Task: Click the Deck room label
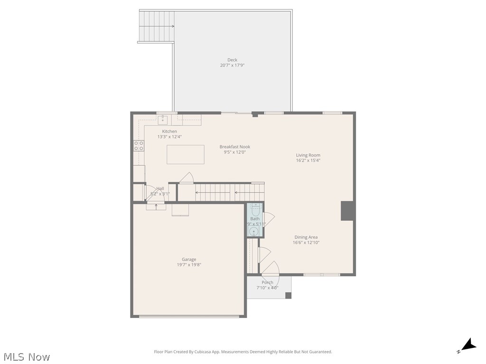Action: [x=232, y=60]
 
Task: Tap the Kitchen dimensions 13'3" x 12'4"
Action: [x=169, y=136]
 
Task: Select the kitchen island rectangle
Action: [x=186, y=155]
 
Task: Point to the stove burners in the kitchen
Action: [x=139, y=146]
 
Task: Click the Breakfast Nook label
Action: [x=234, y=147]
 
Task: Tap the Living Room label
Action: [x=308, y=155]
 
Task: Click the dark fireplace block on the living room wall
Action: [x=348, y=211]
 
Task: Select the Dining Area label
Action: [x=306, y=237]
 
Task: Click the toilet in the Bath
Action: [x=255, y=209]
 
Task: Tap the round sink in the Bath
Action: [x=254, y=231]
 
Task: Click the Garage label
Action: [x=189, y=259]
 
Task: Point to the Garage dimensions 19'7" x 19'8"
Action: [x=189, y=265]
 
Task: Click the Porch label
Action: [x=268, y=282]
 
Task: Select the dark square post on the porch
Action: [x=288, y=295]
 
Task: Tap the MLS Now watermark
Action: [x=27, y=357]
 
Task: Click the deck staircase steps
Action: [x=157, y=26]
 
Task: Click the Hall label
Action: [x=160, y=188]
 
